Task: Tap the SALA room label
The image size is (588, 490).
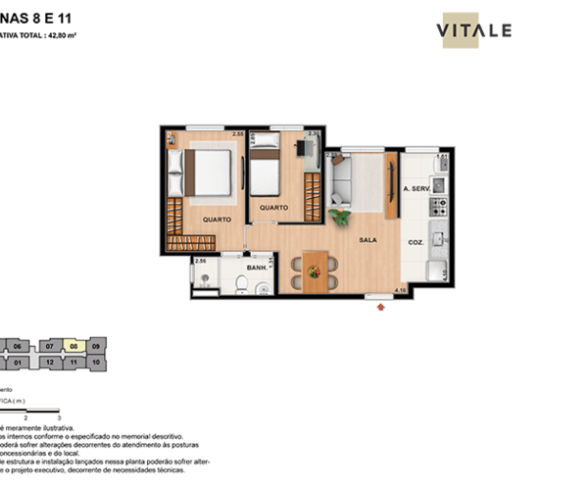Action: [367, 239]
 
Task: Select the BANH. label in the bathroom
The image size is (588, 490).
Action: [258, 267]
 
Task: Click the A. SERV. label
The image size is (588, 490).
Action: [416, 188]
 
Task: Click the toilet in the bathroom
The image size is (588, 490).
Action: [241, 284]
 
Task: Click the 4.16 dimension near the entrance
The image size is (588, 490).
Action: [399, 290]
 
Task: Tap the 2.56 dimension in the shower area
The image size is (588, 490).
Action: [201, 262]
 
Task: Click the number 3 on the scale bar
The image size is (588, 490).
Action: [60, 417]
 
